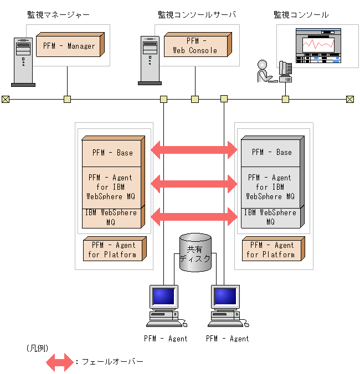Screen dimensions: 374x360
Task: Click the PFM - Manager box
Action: (69, 46)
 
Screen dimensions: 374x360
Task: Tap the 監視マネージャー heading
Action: (58, 14)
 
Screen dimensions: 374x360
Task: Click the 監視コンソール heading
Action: (301, 14)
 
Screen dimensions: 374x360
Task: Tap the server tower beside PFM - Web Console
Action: (150, 60)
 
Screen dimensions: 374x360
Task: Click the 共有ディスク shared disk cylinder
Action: (196, 253)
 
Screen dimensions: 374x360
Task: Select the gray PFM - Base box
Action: (271, 152)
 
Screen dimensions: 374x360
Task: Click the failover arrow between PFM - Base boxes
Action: (194, 149)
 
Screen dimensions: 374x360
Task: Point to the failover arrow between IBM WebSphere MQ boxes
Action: (194, 215)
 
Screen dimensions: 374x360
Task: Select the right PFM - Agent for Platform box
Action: (271, 250)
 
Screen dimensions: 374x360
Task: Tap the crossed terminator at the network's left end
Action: (6, 100)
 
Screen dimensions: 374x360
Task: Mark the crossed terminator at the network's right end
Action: (350, 100)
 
